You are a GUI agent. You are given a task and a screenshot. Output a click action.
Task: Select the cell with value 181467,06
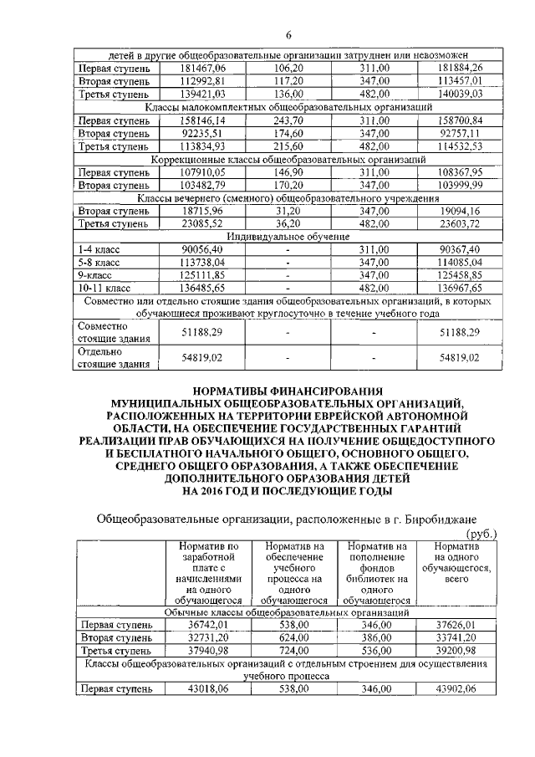click(x=198, y=68)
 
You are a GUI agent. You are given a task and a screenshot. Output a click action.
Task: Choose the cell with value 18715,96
click(x=198, y=212)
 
